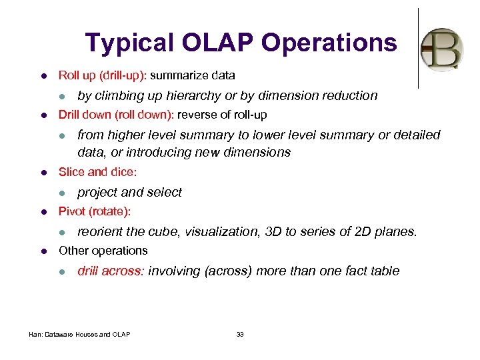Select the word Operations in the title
[329, 43]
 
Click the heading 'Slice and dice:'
[97, 172]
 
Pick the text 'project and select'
[129, 192]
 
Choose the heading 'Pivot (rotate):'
[95, 211]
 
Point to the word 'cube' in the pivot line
[165, 232]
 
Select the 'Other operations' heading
[103, 251]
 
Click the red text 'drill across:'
[111, 271]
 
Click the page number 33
[240, 334]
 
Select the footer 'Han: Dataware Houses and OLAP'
[79, 334]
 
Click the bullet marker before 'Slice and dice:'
[43, 172]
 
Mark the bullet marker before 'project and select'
[62, 193]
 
